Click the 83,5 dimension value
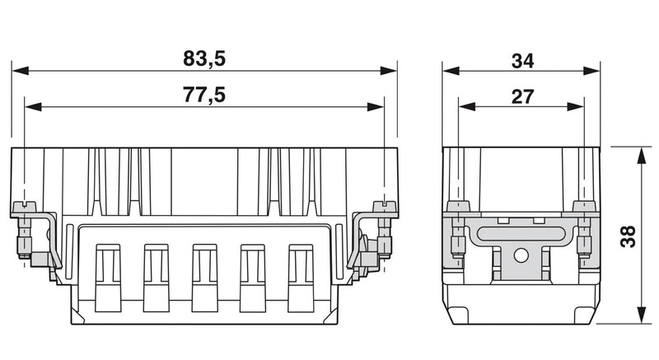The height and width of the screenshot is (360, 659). [204, 58]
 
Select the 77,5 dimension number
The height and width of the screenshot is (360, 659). [204, 95]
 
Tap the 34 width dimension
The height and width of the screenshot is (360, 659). [522, 61]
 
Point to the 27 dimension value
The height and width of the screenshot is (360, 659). [522, 96]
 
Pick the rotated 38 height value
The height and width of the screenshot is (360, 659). [629, 236]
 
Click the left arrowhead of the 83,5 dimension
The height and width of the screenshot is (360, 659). [21, 71]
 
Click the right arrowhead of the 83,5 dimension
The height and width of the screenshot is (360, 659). [388, 71]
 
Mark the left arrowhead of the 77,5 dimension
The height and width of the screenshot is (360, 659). [33, 107]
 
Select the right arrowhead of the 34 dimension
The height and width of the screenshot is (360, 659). [591, 71]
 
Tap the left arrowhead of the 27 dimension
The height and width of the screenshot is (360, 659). [467, 107]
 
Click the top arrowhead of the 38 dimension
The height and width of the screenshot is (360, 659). [641, 156]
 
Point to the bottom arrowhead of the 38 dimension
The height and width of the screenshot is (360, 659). [641, 315]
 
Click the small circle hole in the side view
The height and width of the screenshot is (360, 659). [521, 255]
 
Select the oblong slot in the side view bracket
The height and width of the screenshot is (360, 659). [521, 234]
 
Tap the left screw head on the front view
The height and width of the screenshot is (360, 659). [24, 207]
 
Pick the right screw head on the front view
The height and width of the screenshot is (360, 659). [385, 207]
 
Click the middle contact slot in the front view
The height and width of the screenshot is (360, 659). [204, 278]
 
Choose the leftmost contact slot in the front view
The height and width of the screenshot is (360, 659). [108, 278]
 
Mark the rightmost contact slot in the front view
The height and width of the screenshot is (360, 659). [301, 278]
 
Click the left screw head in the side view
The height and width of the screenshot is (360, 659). [458, 206]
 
